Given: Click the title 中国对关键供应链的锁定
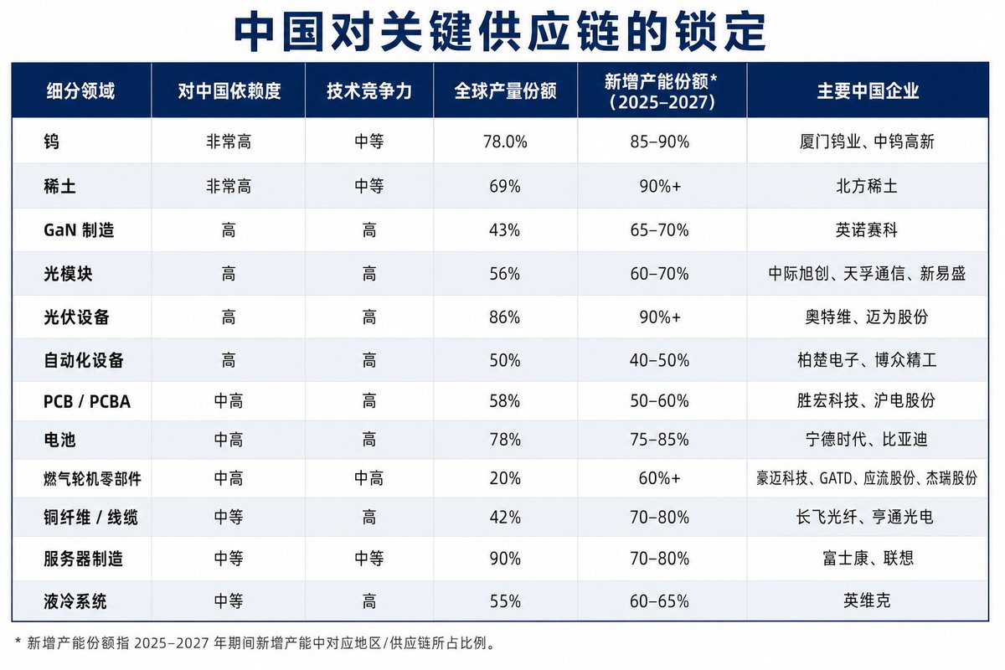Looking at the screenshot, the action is coord(500,32).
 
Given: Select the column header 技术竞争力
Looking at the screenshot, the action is coord(369,91).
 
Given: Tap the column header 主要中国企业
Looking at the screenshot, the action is coord(868,91).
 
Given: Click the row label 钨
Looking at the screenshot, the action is coord(52,142).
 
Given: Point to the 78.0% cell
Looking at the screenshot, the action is coord(505,142).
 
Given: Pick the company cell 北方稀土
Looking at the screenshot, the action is coord(867,186).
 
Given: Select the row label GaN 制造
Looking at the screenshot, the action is coord(79,230).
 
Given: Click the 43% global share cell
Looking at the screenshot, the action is coord(505,230).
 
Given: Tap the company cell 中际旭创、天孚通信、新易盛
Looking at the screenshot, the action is coord(867,273).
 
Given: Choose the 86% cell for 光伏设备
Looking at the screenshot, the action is coord(505,317).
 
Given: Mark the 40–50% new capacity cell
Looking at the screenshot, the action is coord(659,360).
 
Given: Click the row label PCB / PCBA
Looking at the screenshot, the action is coord(87,401).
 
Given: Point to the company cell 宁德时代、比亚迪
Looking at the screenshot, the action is coord(867,439).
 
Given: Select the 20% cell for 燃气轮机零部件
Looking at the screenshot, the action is coord(505,478).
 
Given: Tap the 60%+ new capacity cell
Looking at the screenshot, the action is coord(660,478).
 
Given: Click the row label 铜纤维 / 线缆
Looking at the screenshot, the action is coord(90,518).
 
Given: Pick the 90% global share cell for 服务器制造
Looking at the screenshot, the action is coord(505,559).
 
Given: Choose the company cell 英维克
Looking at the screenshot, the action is coord(867,600).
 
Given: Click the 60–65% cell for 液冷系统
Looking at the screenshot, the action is coord(659,601).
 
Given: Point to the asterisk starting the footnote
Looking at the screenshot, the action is coord(18,641).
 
